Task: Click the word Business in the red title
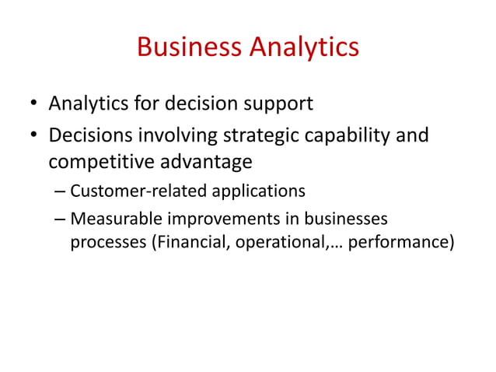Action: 190,47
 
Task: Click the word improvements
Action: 221,219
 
